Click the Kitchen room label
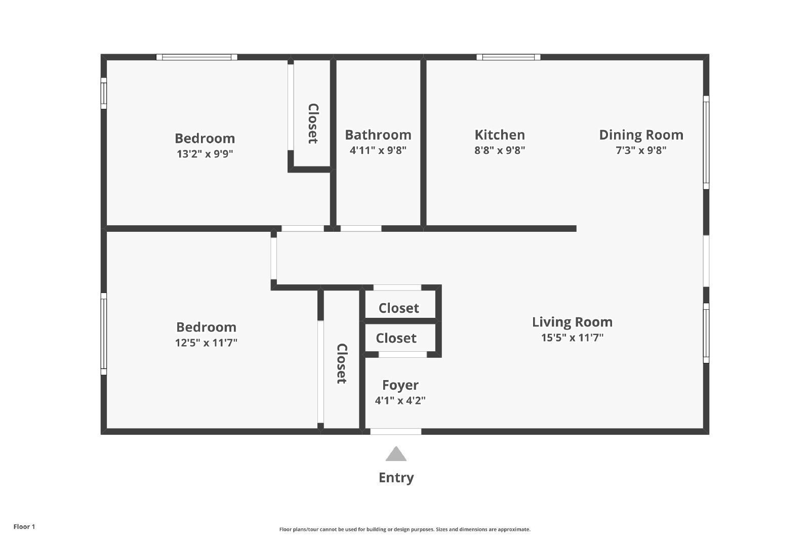499,135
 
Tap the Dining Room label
641,135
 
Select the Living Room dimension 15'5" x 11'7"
572,338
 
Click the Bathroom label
378,135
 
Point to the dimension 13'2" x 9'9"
205,154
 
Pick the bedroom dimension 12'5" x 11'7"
206,343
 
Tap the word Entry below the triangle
396,477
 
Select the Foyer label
400,385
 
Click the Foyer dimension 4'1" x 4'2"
400,400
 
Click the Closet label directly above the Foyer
396,338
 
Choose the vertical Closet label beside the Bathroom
313,123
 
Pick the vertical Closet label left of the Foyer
342,363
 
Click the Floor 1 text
24,526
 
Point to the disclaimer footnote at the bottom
404,529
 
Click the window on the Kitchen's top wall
508,57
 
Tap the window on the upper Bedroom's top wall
196,57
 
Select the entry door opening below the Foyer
395,432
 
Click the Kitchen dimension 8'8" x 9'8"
499,150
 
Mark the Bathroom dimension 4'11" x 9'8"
378,150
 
